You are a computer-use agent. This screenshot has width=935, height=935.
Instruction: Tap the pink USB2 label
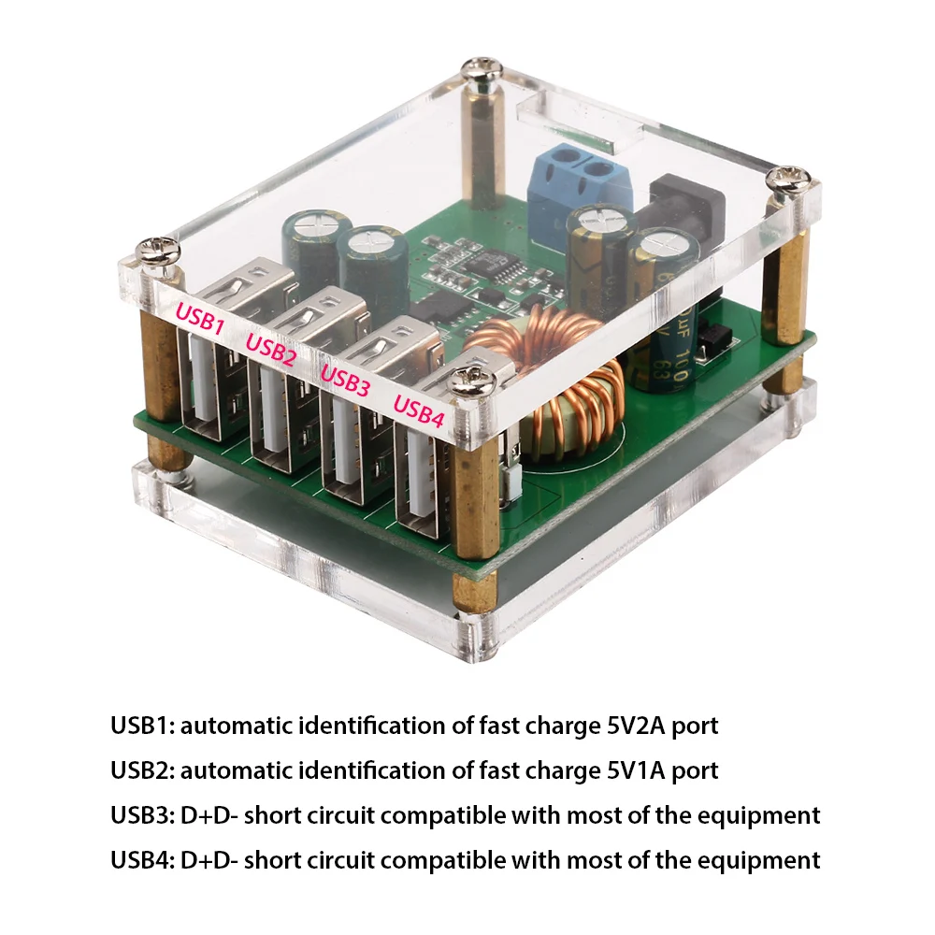[x=270, y=345]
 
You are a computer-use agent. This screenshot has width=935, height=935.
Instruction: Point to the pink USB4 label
[x=418, y=409]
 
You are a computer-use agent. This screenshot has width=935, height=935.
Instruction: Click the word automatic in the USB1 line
[x=237, y=725]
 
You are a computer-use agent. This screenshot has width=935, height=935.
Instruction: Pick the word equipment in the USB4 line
[x=760, y=859]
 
